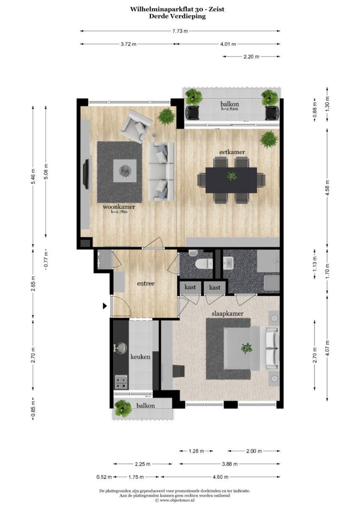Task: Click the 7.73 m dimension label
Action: click(180, 31)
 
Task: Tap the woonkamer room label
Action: click(119, 207)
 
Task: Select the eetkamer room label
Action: click(232, 152)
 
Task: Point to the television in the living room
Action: click(87, 174)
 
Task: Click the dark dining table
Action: click(231, 180)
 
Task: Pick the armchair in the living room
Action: click(136, 126)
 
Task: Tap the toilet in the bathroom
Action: click(204, 264)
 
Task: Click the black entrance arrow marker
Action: click(105, 306)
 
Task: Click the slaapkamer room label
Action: click(227, 314)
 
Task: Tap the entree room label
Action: click(145, 283)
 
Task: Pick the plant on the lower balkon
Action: click(123, 409)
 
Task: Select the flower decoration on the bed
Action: click(246, 348)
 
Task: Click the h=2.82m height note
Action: click(229, 109)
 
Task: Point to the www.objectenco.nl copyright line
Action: click(175, 500)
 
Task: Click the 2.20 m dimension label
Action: click(251, 57)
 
